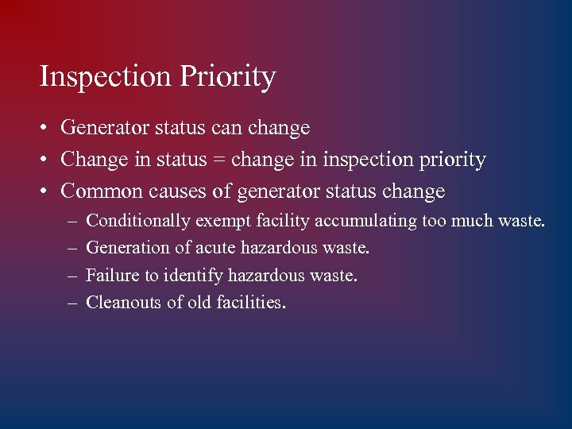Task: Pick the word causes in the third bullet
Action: coord(175,191)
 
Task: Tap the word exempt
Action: coord(224,221)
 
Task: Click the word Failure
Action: coord(110,276)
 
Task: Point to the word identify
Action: coord(194,276)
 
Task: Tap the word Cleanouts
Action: coord(124,303)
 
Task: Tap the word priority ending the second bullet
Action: coord(454,160)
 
